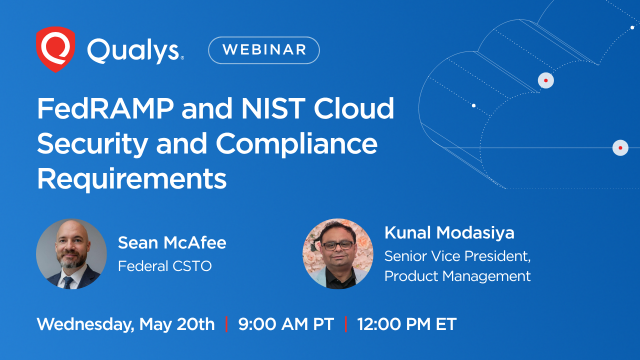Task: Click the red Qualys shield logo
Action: [x=54, y=48]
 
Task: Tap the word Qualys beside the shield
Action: [x=134, y=49]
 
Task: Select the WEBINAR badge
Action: [x=264, y=50]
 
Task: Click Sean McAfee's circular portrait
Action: [x=71, y=254]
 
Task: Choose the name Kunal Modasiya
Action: [x=449, y=232]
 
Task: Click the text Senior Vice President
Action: [x=458, y=256]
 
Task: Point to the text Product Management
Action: [x=458, y=276]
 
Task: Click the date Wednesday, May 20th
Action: [x=126, y=325]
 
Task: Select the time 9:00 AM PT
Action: [x=285, y=325]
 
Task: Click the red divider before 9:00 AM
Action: [x=227, y=325]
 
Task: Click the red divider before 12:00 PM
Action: [x=345, y=325]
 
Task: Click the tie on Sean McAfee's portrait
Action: [x=69, y=279]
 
